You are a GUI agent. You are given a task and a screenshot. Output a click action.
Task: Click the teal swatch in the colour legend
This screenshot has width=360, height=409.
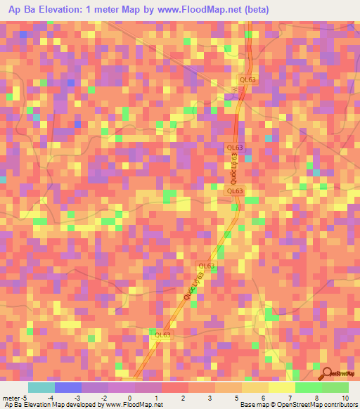pyautogui.click(x=41, y=387)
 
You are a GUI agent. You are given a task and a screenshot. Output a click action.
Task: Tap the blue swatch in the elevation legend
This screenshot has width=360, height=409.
pyautogui.click(x=67, y=387)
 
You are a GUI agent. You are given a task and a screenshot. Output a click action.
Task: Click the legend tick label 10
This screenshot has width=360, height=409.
pyautogui.click(x=345, y=397)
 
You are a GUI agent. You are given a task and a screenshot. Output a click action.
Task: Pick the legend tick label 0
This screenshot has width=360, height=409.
pyautogui.click(x=129, y=397)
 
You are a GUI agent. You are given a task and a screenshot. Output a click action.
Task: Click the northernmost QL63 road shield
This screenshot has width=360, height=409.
pyautogui.click(x=248, y=79)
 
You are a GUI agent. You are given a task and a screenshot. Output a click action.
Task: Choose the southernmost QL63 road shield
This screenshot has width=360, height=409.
pyautogui.click(x=162, y=335)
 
